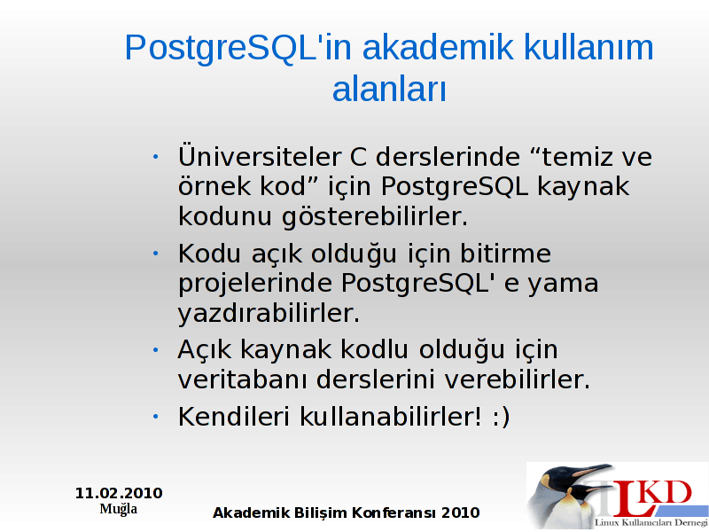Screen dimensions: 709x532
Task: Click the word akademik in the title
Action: pos(438,47)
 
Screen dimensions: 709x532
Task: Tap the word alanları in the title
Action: pos(389,89)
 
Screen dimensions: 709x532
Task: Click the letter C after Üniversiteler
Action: pos(358,157)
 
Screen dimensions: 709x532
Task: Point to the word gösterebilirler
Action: pos(375,216)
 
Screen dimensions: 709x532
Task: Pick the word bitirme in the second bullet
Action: pos(505,253)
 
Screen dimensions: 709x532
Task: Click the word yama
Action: pos(563,285)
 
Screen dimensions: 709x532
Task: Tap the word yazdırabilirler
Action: pos(269,314)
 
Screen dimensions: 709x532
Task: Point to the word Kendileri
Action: pos(233,416)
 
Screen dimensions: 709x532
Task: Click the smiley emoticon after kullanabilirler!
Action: pos(501,417)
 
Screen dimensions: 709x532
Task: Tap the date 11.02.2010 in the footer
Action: pos(119,493)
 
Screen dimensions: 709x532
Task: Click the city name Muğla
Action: pos(119,509)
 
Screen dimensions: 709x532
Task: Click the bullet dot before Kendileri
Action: pos(156,416)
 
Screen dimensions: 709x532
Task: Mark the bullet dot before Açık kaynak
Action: pos(156,349)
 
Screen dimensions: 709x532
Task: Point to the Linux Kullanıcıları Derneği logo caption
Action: pos(651,523)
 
